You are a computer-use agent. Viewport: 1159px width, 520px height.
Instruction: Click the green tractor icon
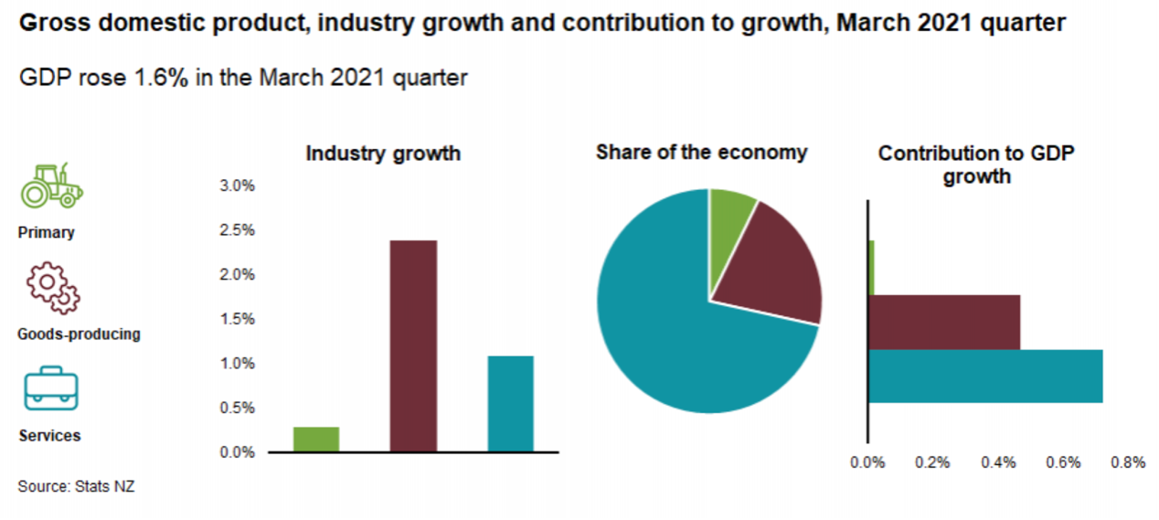point(51,186)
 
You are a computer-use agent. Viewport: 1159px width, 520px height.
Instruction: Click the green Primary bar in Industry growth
point(316,440)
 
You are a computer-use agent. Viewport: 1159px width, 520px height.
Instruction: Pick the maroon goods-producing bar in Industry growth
point(413,345)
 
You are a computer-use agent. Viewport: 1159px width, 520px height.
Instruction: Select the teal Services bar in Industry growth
point(510,403)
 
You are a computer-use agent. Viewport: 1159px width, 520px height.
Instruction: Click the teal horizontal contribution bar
point(984,376)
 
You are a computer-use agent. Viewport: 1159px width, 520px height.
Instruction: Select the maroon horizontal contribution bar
point(943,322)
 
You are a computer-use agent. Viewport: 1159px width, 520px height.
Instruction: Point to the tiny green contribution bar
point(871,268)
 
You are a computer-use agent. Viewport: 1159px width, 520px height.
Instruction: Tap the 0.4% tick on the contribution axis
point(998,462)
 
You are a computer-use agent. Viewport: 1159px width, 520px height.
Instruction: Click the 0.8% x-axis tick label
point(1128,462)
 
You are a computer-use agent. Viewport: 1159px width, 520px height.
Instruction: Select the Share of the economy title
point(702,152)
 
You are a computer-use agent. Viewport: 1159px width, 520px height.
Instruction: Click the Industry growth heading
point(383,153)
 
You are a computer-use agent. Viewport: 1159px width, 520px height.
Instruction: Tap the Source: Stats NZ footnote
point(76,486)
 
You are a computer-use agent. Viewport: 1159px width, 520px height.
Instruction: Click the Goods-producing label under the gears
point(79,334)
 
